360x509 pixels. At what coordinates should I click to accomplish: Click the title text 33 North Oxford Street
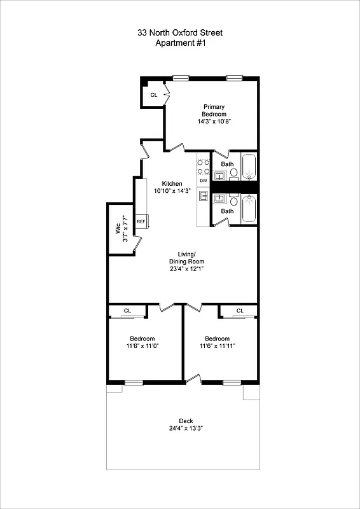(180, 32)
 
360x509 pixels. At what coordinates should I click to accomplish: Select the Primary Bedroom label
(214, 110)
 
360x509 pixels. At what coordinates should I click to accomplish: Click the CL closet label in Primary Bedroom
(153, 95)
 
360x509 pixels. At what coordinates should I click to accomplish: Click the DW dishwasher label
(204, 181)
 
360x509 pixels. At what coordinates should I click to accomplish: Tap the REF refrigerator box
(141, 221)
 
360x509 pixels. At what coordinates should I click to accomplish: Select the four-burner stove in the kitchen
(204, 166)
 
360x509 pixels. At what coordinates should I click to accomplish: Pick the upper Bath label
(227, 164)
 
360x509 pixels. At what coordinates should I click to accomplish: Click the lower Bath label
(227, 211)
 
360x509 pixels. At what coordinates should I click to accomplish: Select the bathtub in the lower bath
(249, 209)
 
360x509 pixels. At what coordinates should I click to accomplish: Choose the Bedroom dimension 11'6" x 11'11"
(218, 346)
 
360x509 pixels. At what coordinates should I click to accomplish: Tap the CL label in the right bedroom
(240, 310)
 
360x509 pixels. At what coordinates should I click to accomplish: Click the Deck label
(185, 421)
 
